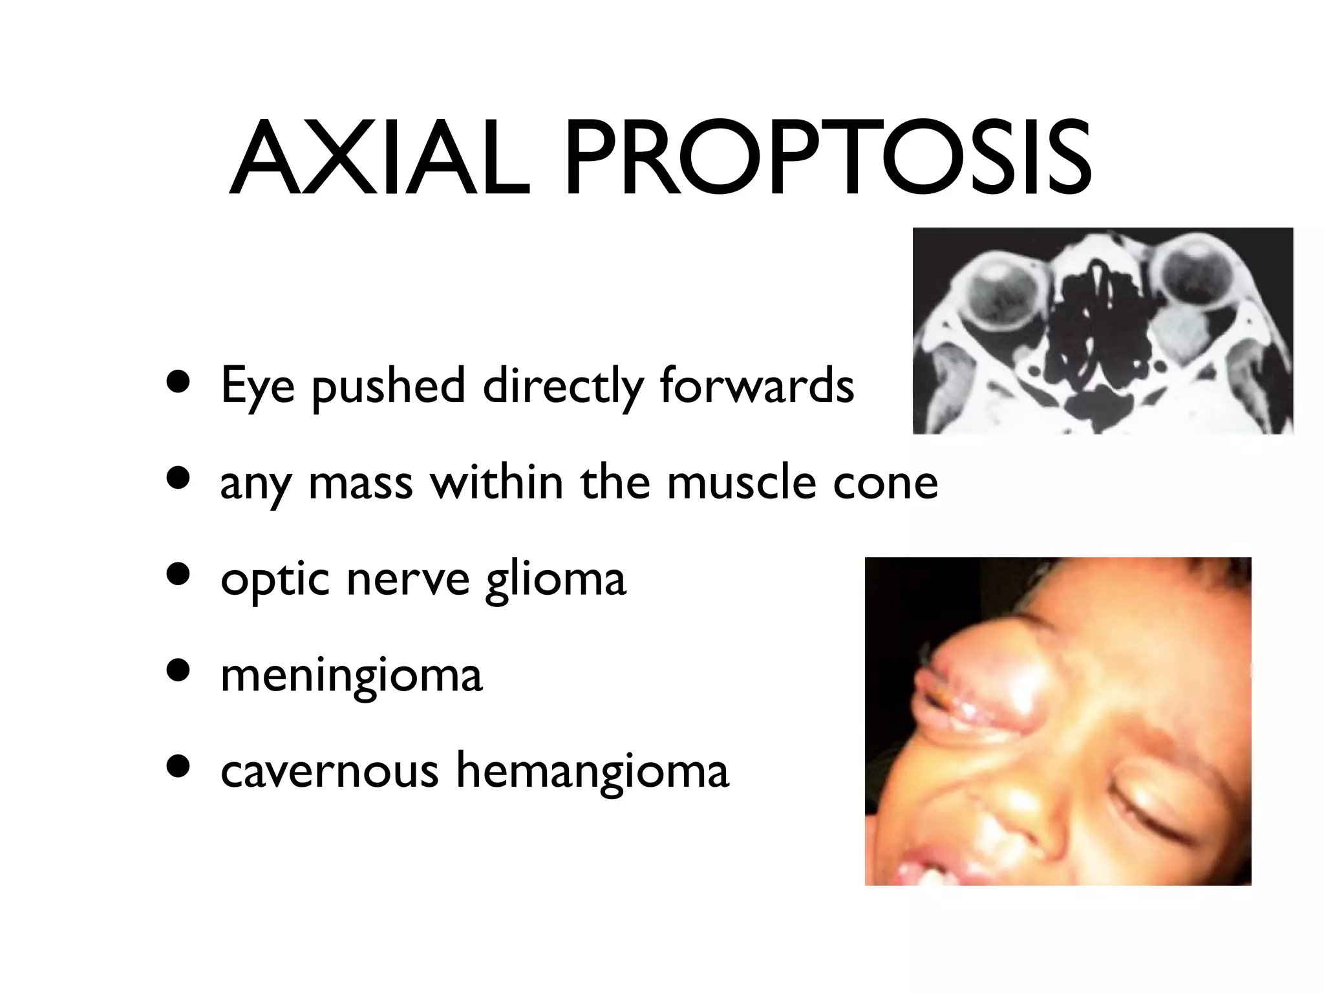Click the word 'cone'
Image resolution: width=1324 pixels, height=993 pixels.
(x=885, y=484)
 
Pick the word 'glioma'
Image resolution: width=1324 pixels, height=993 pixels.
(x=555, y=579)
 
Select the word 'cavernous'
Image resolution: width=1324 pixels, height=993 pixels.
(x=329, y=771)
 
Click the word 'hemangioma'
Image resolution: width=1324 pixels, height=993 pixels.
(x=592, y=772)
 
